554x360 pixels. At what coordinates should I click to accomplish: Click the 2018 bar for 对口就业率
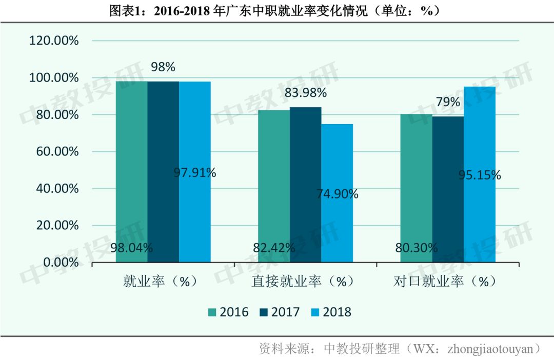(480, 174)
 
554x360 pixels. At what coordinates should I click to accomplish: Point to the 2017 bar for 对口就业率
(448, 189)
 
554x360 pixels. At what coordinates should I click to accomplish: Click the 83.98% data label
(305, 93)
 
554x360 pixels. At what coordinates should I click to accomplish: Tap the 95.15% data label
(480, 175)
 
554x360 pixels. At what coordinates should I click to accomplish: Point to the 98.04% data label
(132, 248)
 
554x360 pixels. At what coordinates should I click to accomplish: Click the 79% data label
(448, 102)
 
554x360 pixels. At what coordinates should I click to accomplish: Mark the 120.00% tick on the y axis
(54, 41)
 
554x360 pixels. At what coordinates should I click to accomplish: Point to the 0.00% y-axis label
(61, 263)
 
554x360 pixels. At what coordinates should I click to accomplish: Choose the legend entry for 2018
(331, 312)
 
